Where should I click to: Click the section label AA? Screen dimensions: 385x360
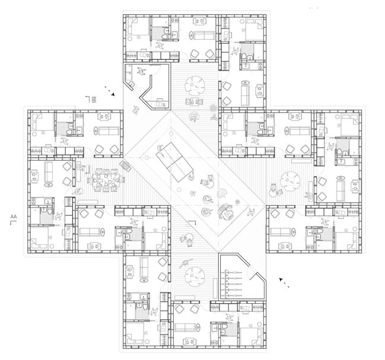tap(14, 216)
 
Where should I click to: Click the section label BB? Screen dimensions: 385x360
tap(94, 100)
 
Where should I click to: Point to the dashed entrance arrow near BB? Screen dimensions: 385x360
tap(110, 91)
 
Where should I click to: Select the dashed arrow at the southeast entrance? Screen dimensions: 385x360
tap(284, 282)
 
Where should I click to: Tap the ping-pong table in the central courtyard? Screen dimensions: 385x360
tap(174, 162)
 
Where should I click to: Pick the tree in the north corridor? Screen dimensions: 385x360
tap(194, 86)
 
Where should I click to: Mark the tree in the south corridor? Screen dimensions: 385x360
tap(195, 276)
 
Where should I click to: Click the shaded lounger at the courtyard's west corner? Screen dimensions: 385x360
tap(126, 167)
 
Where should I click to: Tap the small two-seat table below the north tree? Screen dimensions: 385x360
tap(194, 101)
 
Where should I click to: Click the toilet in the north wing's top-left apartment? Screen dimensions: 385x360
tap(164, 37)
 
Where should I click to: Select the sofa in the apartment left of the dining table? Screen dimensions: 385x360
tap(48, 171)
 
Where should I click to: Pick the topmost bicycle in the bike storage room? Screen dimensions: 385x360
tap(232, 272)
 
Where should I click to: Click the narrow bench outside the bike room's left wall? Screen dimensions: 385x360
tap(215, 288)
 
